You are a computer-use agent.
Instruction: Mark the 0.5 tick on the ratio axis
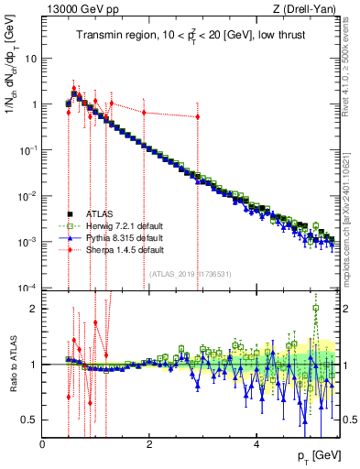tap(28, 420)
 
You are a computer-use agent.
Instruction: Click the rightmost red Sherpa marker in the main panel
tap(197, 116)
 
